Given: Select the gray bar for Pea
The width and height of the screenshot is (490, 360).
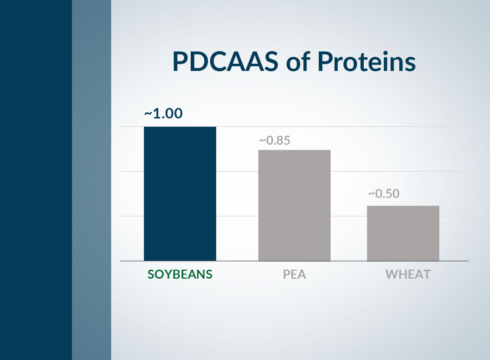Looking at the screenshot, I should click(x=294, y=205).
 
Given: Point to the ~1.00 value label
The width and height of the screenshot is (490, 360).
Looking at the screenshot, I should click(x=163, y=113).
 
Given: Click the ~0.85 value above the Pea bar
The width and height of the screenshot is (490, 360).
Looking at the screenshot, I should click(x=275, y=140).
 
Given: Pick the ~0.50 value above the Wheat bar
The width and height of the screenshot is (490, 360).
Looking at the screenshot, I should click(x=384, y=194).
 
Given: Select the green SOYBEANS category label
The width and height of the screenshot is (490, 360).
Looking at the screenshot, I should click(x=180, y=274).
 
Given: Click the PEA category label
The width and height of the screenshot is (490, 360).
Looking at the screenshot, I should click(x=294, y=274).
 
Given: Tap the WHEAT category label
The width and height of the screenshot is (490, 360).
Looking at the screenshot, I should click(x=408, y=274).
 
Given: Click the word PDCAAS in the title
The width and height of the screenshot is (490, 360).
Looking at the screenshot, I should click(x=225, y=61).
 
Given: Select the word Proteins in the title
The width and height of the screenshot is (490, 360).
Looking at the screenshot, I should click(x=366, y=61).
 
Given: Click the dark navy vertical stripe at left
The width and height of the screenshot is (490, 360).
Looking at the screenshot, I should click(x=36, y=180).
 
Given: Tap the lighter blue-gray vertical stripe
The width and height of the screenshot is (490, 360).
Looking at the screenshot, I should click(x=91, y=180).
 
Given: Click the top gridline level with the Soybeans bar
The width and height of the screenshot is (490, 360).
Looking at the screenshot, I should click(x=396, y=127).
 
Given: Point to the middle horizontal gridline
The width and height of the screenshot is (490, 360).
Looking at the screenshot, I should click(x=396, y=171).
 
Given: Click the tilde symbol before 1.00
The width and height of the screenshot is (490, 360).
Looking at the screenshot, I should click(x=148, y=114).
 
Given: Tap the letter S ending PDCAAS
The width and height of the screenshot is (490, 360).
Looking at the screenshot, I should click(x=271, y=61).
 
